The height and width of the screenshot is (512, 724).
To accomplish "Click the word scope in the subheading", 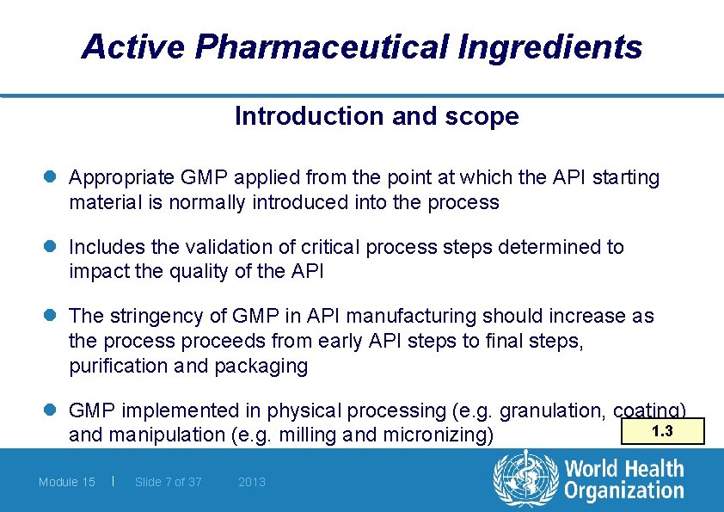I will pos(488,116).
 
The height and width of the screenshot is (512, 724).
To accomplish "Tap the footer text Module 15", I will pos(67,482).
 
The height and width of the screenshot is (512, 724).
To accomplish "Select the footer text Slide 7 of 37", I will pos(169,482).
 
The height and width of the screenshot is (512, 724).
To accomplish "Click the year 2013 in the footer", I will pos(252,482).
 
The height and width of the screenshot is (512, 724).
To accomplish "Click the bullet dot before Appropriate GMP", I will pos(53,178).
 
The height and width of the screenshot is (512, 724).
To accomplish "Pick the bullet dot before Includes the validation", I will pos(53,248).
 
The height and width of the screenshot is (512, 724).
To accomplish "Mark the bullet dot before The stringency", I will pos(53,317).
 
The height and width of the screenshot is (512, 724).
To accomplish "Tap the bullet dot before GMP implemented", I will pos(53,411).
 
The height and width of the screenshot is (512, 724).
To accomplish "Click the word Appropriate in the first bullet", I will pos(121,178).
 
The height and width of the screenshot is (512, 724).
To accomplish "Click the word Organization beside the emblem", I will pos(624,490).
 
